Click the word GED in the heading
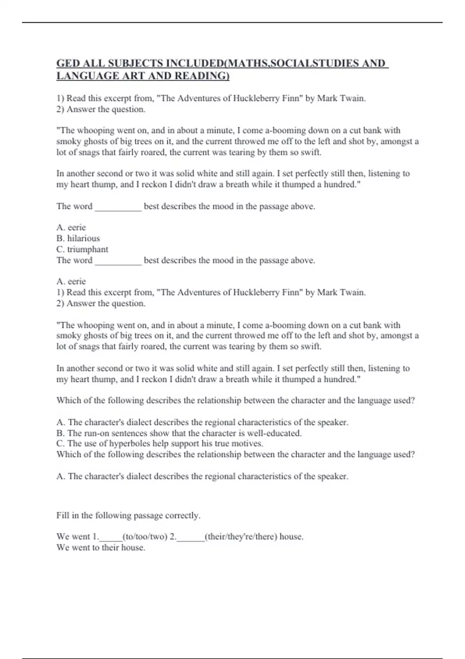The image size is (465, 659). click(66, 63)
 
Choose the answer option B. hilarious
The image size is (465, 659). click(78, 238)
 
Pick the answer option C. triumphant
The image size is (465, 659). click(82, 249)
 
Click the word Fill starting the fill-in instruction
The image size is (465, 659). click(63, 515)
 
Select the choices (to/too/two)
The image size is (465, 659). click(145, 537)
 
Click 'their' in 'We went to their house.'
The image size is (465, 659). click(110, 548)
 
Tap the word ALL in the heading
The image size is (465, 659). click(91, 63)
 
